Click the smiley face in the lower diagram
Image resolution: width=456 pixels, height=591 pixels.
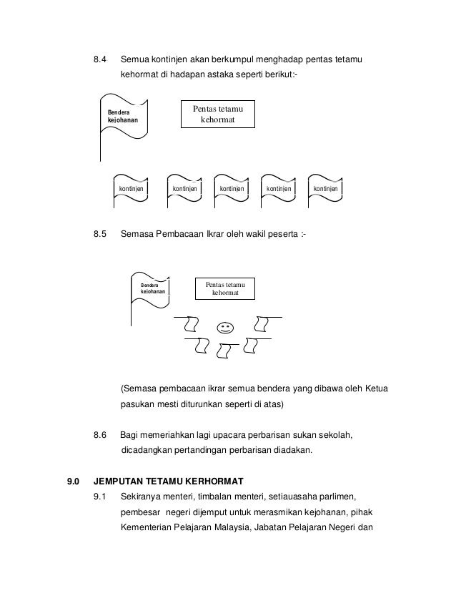(227, 328)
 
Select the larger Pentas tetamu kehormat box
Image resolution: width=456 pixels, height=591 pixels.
(217, 114)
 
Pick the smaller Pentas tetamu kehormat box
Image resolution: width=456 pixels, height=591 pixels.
(225, 290)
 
